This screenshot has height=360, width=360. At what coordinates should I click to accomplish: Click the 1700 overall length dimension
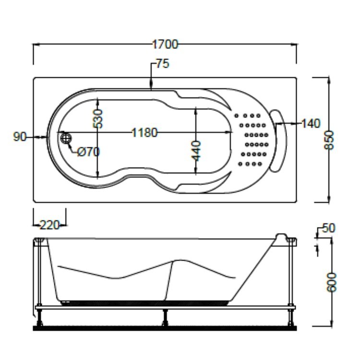(165, 44)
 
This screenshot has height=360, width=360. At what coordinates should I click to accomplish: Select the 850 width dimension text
(329, 140)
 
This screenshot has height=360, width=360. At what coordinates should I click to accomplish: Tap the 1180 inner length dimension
(144, 132)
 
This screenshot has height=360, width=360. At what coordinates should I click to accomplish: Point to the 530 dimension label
(97, 119)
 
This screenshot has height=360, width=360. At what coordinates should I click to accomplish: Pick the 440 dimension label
(196, 151)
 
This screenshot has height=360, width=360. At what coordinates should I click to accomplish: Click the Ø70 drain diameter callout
(88, 152)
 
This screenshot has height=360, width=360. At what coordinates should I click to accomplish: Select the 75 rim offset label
(163, 64)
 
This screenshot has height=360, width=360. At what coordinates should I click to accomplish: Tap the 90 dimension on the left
(20, 137)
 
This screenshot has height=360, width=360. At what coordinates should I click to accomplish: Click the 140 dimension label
(311, 123)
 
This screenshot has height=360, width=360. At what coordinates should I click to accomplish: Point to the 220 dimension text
(50, 225)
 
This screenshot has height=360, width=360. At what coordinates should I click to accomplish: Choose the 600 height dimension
(331, 282)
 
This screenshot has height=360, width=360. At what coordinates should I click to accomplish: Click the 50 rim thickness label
(329, 228)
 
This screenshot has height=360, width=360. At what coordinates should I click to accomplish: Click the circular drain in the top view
(66, 138)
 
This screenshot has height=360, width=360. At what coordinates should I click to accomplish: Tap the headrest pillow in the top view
(278, 141)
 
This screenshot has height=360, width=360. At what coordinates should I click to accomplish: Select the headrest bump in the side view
(281, 238)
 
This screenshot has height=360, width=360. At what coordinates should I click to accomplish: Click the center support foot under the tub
(165, 318)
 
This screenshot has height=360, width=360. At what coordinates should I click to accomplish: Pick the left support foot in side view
(40, 318)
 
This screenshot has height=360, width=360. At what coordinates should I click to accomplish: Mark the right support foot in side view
(291, 318)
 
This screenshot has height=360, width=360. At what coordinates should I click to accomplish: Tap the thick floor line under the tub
(165, 328)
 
